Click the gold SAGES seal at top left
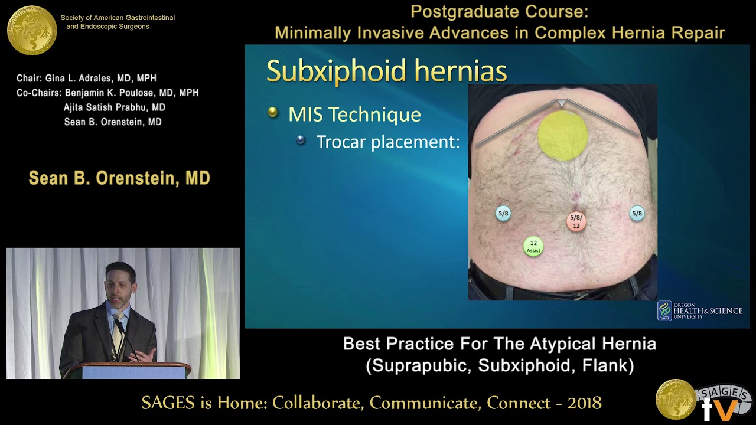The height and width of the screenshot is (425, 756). tap(32, 30)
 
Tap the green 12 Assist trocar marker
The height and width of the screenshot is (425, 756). tap(533, 246)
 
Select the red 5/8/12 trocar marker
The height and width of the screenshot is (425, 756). tap(576, 221)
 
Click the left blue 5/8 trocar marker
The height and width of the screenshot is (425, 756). tap(503, 214)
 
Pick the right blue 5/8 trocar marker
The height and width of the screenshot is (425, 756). tap(637, 214)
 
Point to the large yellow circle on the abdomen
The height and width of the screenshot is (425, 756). tap(562, 135)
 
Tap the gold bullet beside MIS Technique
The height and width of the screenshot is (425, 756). tap(273, 112)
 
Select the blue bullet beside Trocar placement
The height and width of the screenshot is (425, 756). tap(301, 140)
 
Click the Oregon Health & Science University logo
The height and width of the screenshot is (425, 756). tap(700, 310)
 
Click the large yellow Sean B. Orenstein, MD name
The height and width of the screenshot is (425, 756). tap(119, 178)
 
